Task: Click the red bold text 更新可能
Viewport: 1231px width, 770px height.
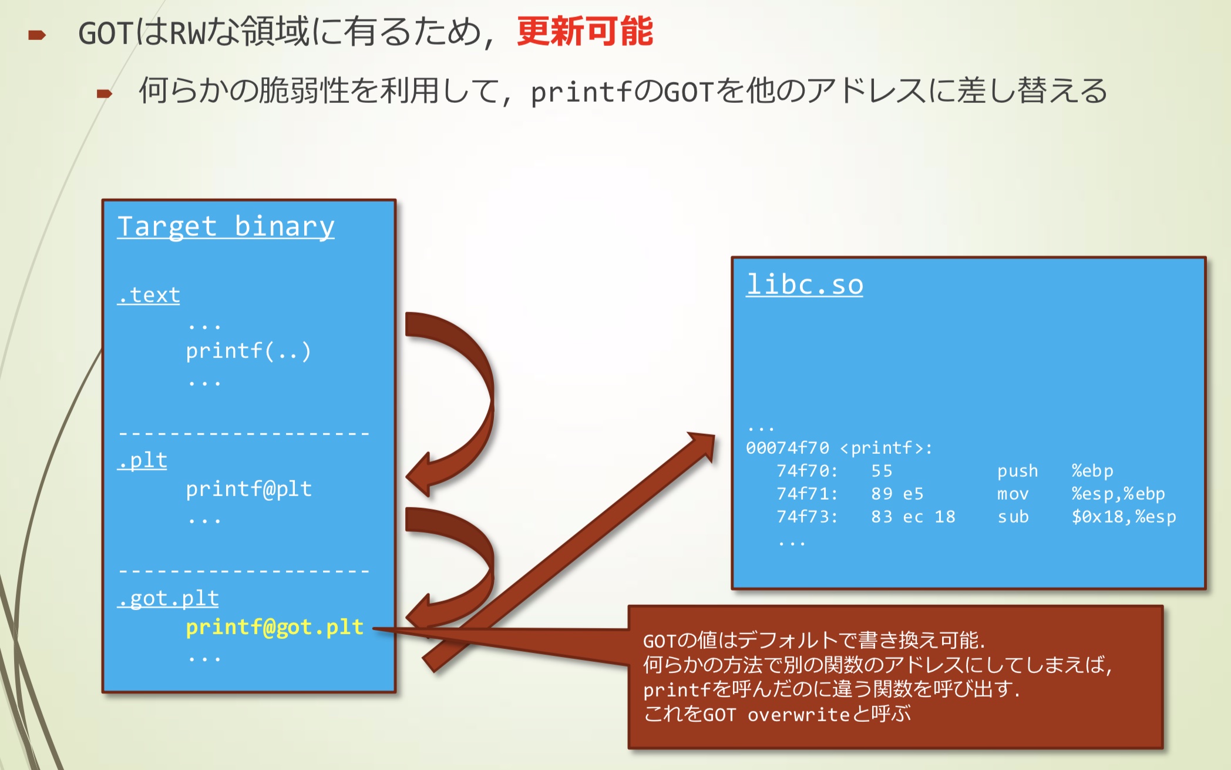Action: point(584,31)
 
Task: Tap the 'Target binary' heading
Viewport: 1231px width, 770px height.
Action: point(226,227)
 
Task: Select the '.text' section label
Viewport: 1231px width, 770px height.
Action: point(149,295)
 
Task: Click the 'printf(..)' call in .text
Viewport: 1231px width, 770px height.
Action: point(248,351)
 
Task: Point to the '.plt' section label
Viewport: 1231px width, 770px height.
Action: point(142,460)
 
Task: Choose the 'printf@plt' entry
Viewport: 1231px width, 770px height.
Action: point(248,489)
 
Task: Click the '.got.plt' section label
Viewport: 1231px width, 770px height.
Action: point(168,598)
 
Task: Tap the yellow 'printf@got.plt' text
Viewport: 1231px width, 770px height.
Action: point(274,627)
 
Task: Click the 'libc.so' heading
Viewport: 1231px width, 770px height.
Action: point(804,285)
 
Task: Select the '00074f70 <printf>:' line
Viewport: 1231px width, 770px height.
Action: point(839,448)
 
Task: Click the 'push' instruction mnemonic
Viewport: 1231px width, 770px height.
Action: point(1017,471)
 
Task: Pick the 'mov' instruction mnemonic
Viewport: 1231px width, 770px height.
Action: point(1013,494)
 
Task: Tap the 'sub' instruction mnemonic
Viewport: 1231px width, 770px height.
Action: point(1013,517)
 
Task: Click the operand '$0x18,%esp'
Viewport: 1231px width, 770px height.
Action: point(1124,517)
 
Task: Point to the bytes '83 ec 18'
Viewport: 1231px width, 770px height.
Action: point(913,517)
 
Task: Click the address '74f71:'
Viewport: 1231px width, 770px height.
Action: point(806,494)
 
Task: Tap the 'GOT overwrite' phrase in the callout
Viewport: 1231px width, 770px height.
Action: point(775,715)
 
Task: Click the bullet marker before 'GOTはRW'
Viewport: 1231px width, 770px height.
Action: point(37,35)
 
